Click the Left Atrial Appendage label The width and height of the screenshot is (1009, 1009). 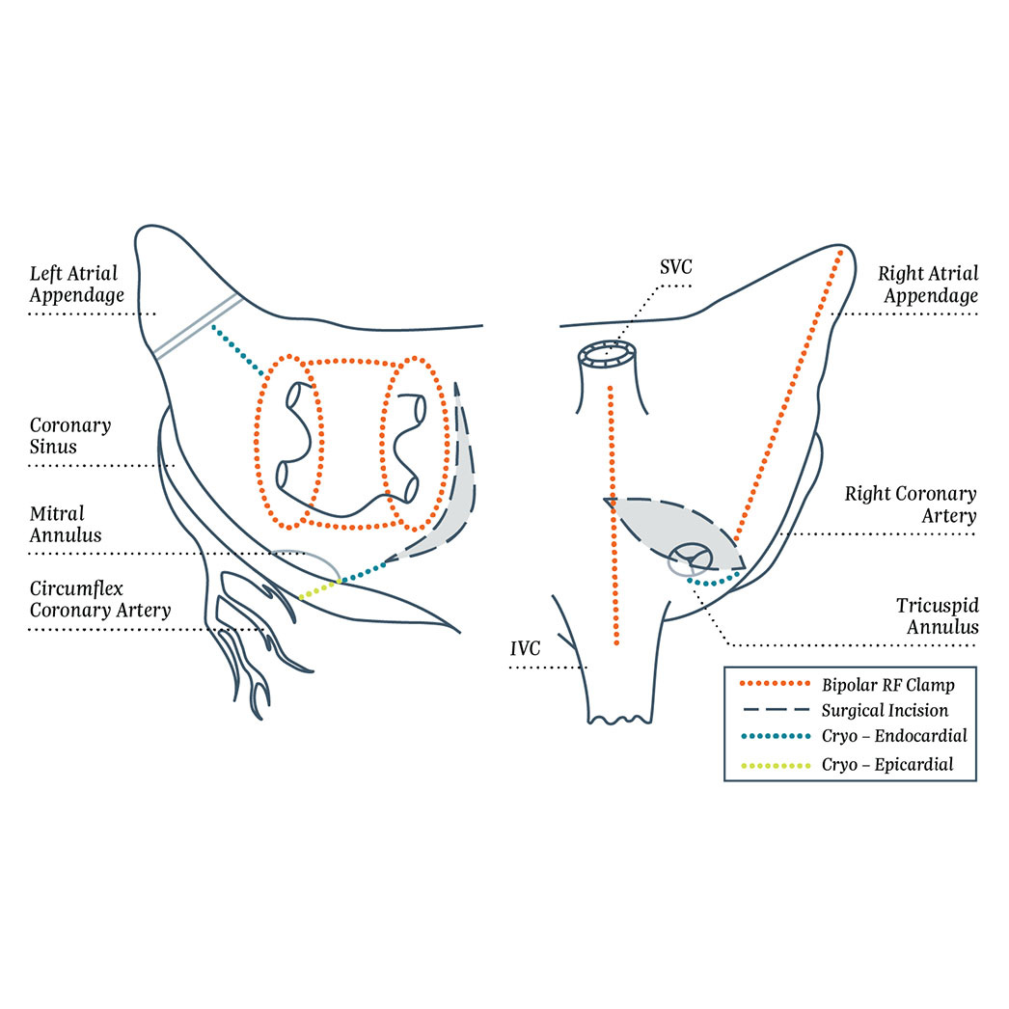tap(76, 285)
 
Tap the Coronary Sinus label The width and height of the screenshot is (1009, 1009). tap(70, 436)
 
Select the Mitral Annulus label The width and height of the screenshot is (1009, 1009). tap(66, 524)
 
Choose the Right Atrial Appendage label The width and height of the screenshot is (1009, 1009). tap(927, 285)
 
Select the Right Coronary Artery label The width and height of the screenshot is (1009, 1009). tap(911, 504)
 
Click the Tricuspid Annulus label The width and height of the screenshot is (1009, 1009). tap(937, 615)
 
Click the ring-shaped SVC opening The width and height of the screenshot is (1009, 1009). tap(608, 352)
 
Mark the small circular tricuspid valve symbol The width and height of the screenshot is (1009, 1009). tap(691, 558)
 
